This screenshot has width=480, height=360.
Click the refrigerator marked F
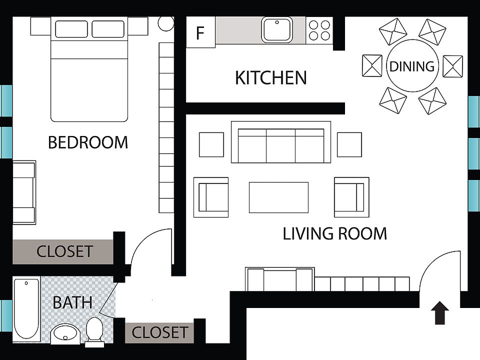pyautogui.click(x=200, y=33)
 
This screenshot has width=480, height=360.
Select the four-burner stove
pyautogui.click(x=319, y=30)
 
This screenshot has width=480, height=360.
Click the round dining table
pyautogui.click(x=412, y=66)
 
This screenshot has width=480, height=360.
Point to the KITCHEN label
pyautogui.click(x=270, y=78)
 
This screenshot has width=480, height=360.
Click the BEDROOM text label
pyautogui.click(x=88, y=142)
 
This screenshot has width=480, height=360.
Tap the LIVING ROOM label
pyautogui.click(x=334, y=233)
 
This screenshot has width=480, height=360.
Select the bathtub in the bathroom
pyautogui.click(x=26, y=308)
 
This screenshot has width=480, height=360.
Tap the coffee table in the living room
pyautogui.click(x=278, y=197)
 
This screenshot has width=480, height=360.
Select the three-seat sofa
pyautogui.click(x=280, y=142)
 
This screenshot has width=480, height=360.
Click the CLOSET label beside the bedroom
pyautogui.click(x=64, y=251)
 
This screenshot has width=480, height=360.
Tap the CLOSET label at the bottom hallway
pyautogui.click(x=159, y=332)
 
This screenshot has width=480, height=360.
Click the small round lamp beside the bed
pyautogui.click(x=166, y=23)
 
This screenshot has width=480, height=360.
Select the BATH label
pyautogui.click(x=72, y=302)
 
